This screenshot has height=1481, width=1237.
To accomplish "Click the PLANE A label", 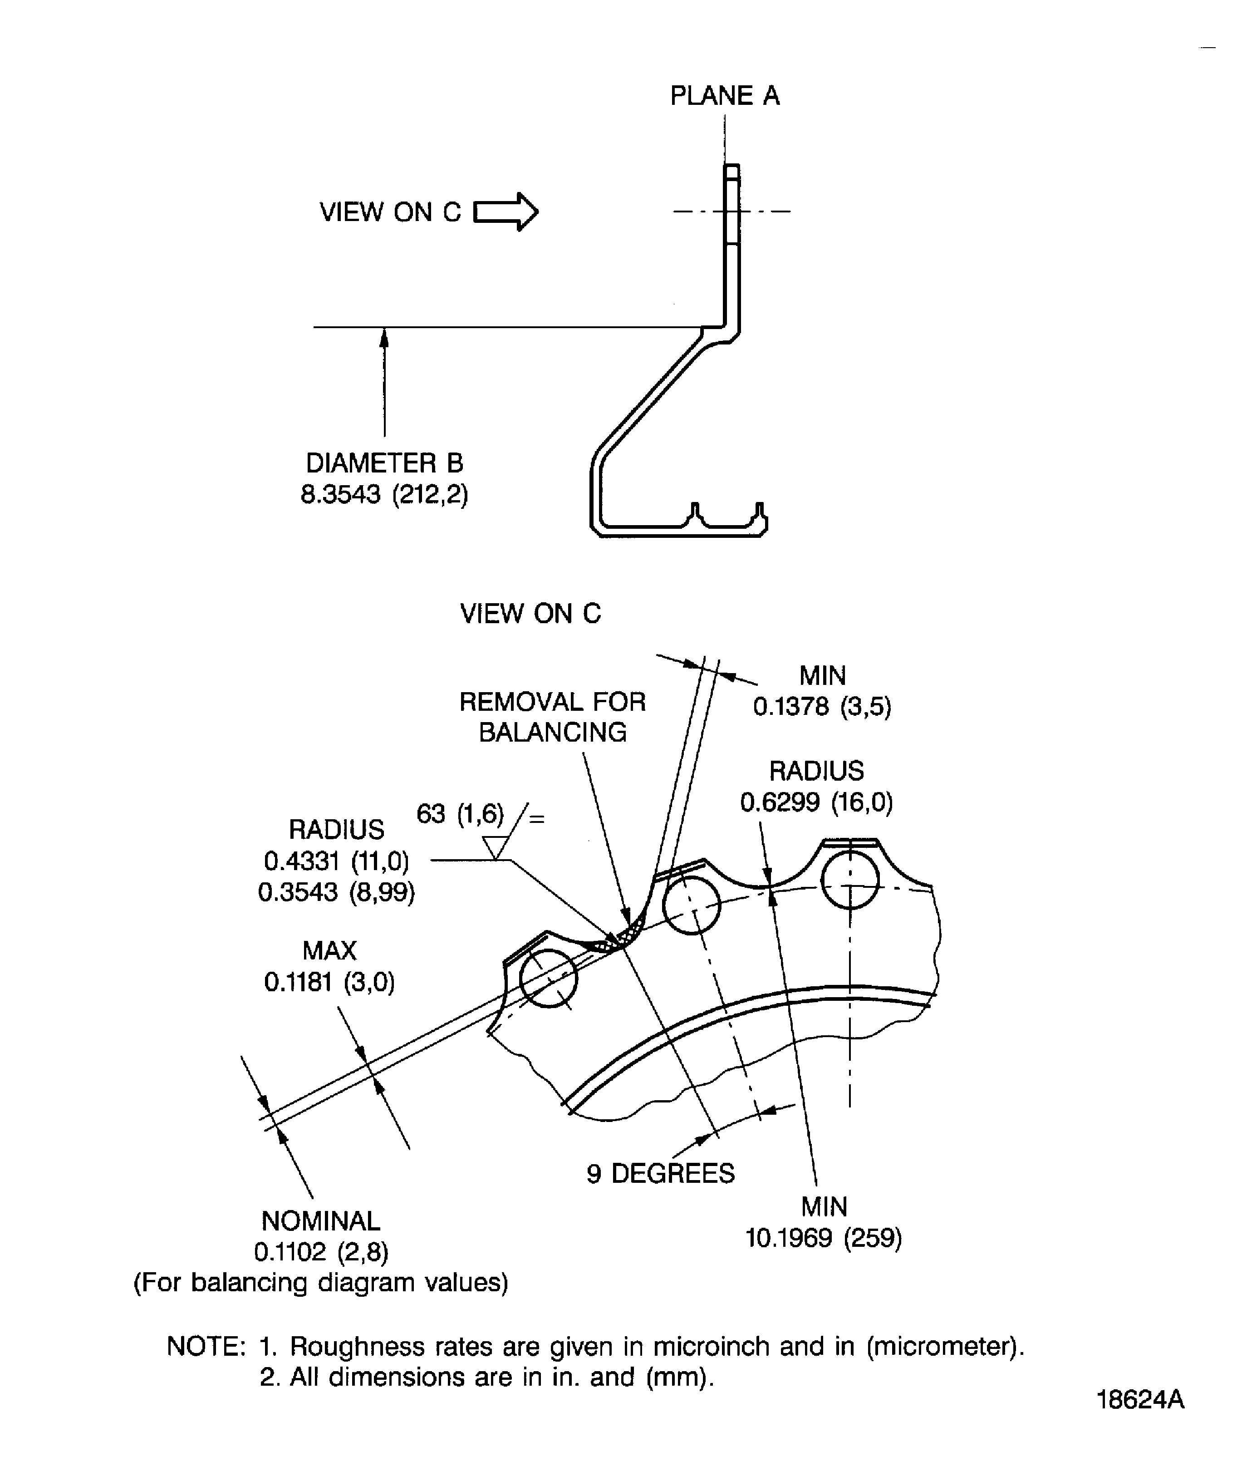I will point(724,95).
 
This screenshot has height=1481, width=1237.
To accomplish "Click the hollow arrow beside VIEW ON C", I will point(506,212).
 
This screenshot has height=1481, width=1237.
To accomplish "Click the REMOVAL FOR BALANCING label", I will point(552,717).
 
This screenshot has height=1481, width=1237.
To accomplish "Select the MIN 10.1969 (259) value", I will point(824,1238).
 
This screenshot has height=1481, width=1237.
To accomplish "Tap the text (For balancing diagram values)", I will point(321,1282).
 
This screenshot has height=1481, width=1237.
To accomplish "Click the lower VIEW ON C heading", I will point(530,613).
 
